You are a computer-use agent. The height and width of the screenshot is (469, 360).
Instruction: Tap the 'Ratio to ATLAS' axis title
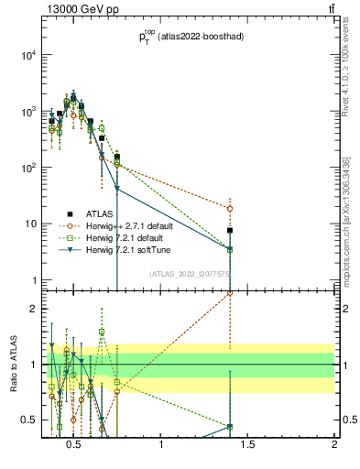pos(12,364)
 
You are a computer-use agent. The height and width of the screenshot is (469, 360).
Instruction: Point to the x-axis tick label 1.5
pos(248,445)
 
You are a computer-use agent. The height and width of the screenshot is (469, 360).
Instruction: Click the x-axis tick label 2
pos(334,445)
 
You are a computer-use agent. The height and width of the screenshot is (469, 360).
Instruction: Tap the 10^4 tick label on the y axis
pos(28,55)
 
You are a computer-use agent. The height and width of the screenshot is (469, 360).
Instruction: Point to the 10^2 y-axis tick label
pos(28,168)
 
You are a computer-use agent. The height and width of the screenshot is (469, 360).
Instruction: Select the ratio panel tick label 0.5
pos(27,420)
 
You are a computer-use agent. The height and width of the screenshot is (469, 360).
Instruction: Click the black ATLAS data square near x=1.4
pos(230,231)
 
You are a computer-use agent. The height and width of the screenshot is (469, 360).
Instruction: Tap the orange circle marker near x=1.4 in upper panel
pos(230,209)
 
